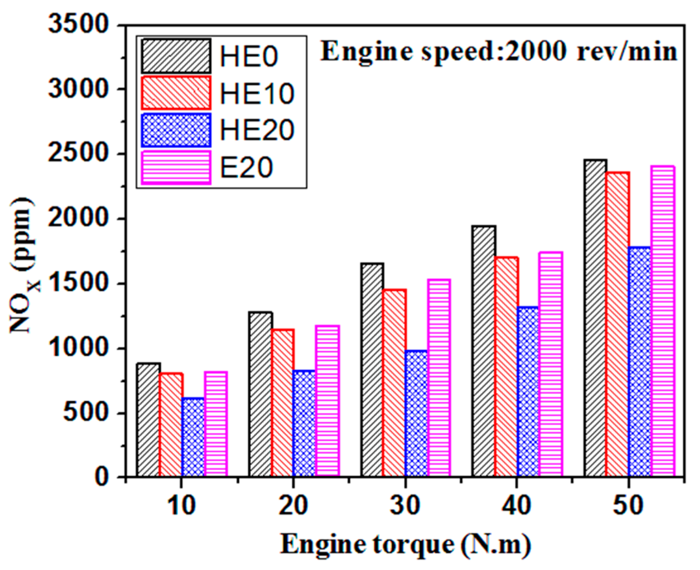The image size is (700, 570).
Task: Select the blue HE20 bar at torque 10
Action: point(193,437)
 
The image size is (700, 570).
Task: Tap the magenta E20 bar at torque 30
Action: point(439,378)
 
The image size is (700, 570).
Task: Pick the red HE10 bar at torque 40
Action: point(506,367)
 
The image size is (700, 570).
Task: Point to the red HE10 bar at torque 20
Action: point(283,403)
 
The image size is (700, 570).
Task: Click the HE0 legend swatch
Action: point(176,55)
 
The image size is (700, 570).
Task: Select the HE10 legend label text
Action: point(257,93)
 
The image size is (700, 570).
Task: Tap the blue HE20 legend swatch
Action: point(176,130)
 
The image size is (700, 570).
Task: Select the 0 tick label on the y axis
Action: point(103,477)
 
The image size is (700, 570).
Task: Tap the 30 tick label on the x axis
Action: point(405,505)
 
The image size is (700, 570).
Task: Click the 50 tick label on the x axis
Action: point(629,505)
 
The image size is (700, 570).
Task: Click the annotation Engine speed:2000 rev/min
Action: point(499,52)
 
